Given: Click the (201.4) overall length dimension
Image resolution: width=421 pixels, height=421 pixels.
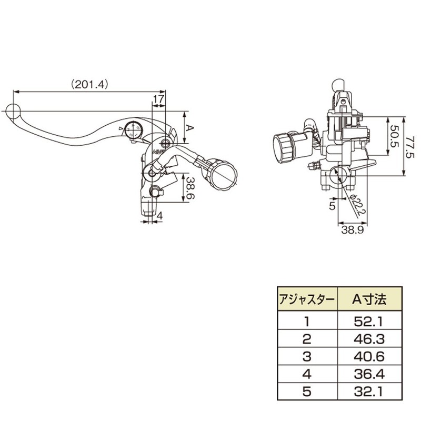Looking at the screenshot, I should tap(88, 83).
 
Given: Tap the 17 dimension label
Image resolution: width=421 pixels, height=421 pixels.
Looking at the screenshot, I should tap(158, 99).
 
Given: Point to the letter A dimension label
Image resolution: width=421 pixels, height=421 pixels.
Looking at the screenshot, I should tap(191, 128).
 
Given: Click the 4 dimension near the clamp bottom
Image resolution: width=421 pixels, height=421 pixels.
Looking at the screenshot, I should tap(159, 215).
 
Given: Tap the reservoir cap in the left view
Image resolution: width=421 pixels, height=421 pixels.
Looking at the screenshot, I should tap(224, 174).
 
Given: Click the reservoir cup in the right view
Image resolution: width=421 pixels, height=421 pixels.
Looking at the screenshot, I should tap(286, 145).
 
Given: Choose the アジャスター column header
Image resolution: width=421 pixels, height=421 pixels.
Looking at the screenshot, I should tap(306, 300).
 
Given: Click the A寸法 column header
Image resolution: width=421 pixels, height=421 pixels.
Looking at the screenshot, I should tap(368, 300).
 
